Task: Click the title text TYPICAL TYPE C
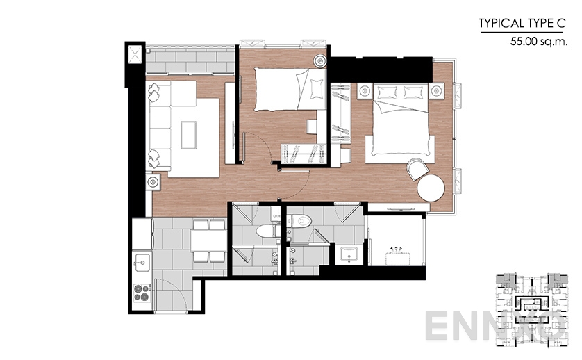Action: pos(522,24)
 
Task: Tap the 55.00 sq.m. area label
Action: pos(539,41)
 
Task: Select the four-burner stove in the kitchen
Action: pos(142,293)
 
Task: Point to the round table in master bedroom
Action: pos(431,188)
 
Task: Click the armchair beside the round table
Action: pos(417,169)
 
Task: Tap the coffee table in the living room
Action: pos(189,136)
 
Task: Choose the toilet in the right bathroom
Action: pos(301,221)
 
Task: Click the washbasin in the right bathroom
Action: pos(349,254)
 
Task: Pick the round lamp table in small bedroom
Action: pos(319,60)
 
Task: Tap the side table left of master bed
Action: pos(365,90)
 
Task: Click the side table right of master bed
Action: pos(437,90)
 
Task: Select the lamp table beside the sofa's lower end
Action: pos(153,182)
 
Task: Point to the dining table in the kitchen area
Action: pos(208,240)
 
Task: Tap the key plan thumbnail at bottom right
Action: pos(531,311)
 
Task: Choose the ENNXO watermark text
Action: pos(495,326)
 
